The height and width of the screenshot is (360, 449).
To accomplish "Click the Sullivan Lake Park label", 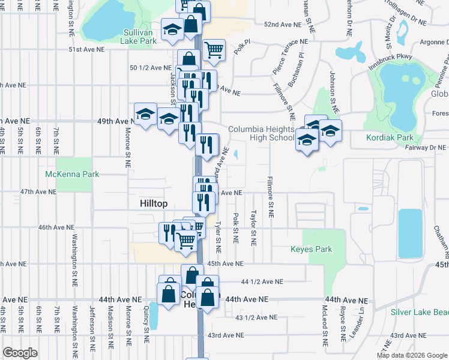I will pos(140,36).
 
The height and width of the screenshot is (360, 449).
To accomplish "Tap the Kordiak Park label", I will pos(390,137).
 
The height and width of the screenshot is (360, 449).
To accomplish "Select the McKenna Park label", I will pos(72,174).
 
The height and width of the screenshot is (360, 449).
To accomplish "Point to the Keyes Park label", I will pos(311,249).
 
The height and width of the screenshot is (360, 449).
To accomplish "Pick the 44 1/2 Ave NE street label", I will pos(261,281).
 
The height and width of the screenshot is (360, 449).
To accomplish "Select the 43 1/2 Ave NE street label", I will pos(256,317).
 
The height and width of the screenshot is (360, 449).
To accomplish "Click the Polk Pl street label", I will pos(241,48).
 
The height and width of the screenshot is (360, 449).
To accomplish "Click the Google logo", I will pos(20,353).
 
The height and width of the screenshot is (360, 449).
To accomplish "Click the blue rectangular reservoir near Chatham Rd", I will pos(410,233).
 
